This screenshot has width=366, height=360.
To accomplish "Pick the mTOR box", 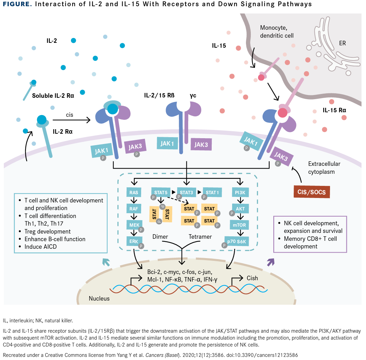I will point(239,225).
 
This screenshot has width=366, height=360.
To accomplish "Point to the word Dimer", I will point(160,237).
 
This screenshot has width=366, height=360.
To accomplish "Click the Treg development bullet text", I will point(47,231).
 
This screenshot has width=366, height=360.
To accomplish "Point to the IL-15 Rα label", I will point(335,110).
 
